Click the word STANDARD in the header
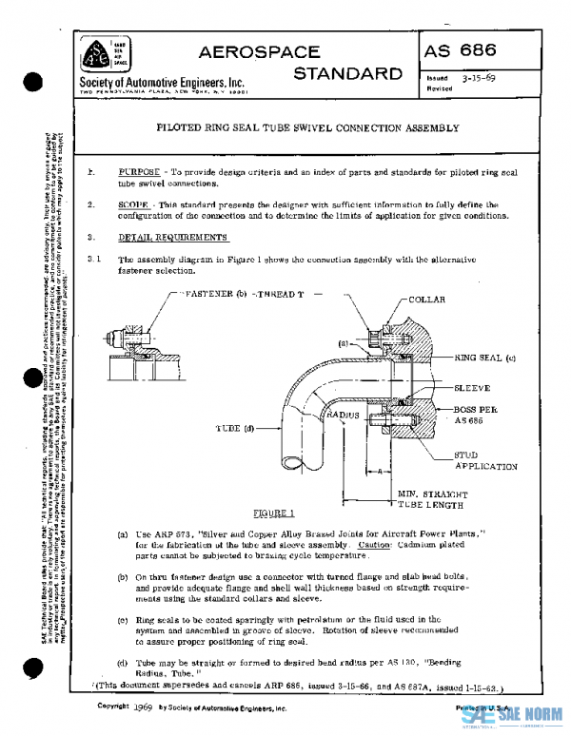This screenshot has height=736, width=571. click(x=348, y=73)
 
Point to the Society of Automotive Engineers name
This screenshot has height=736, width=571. click(x=162, y=83)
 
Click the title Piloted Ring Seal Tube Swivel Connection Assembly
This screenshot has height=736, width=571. click(x=307, y=127)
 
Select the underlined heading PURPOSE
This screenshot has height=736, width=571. click(x=139, y=170)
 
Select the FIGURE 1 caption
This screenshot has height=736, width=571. click(x=266, y=513)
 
